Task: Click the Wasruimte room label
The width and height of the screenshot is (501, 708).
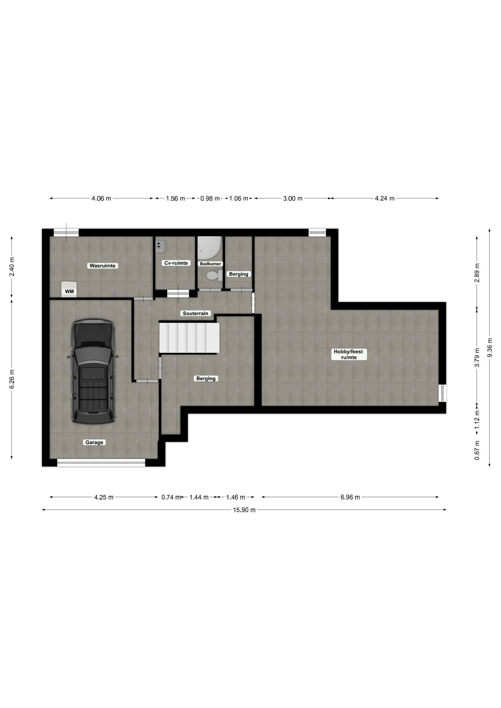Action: click(102, 265)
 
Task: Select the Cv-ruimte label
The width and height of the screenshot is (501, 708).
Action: click(176, 263)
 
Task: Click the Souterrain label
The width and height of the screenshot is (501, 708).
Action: click(196, 313)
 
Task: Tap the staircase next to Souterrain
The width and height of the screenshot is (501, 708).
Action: click(189, 337)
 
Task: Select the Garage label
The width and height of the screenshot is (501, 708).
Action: click(94, 442)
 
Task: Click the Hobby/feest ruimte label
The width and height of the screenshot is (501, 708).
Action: click(348, 354)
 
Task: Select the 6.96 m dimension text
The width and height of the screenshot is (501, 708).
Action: click(350, 497)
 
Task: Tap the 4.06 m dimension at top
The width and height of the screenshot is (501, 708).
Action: click(101, 198)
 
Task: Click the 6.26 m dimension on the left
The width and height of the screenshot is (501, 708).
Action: click(12, 379)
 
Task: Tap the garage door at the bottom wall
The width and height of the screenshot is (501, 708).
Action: click(101, 463)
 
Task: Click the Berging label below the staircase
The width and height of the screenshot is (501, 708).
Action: click(206, 378)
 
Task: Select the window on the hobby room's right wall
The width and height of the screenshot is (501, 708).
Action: click(443, 393)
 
